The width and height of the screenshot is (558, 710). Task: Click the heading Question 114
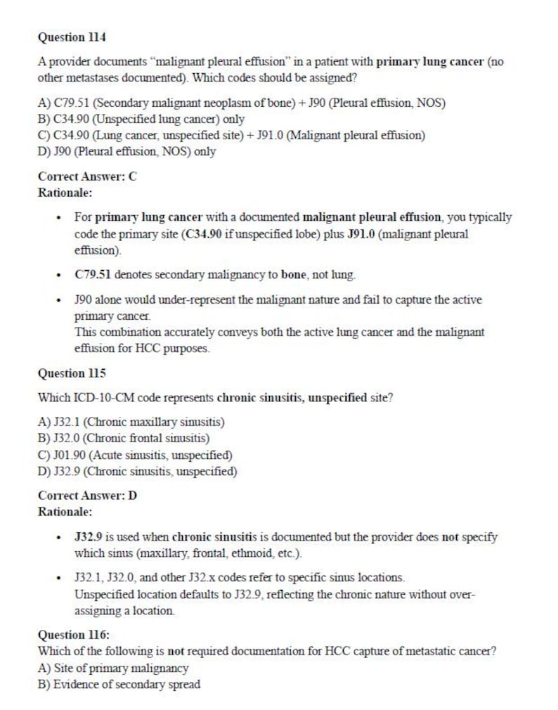[72, 36]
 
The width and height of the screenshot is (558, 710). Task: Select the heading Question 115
[72, 373]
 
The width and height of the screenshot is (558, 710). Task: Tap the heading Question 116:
[74, 634]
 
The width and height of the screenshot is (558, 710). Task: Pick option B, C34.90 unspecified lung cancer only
[141, 119]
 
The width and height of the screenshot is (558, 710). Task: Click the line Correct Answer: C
[87, 176]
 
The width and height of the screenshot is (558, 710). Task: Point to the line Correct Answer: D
[87, 496]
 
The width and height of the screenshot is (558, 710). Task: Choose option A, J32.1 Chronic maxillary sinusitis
[131, 422]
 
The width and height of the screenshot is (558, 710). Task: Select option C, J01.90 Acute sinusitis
[135, 455]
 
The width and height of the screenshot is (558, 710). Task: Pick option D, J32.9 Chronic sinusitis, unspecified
[137, 471]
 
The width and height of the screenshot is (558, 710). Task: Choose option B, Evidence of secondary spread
[119, 684]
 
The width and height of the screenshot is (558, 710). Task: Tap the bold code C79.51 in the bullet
[93, 274]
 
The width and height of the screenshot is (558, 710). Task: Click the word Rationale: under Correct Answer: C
[65, 191]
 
